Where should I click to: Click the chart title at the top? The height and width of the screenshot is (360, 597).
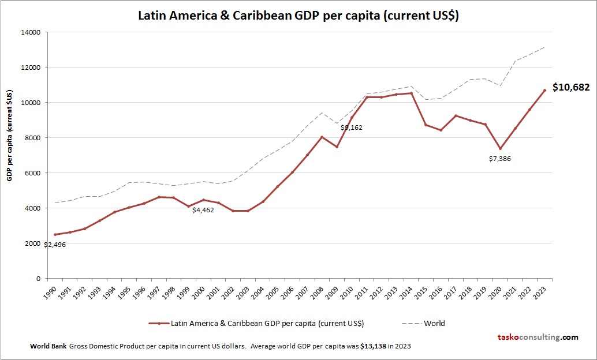pyautogui.click(x=298, y=16)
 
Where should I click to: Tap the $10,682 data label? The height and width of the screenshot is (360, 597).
pyautogui.click(x=571, y=88)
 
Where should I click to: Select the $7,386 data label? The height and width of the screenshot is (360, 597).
pyautogui.click(x=499, y=158)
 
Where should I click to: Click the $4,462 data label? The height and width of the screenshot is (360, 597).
pyautogui.click(x=203, y=210)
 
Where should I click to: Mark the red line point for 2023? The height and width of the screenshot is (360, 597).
pyautogui.click(x=544, y=90)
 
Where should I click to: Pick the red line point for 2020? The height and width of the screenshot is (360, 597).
pyautogui.click(x=500, y=148)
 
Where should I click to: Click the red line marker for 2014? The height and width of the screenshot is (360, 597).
pyautogui.click(x=411, y=93)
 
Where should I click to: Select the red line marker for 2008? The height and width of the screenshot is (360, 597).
pyautogui.click(x=322, y=137)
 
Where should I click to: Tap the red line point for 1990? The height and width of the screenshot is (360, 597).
pyautogui.click(x=55, y=234)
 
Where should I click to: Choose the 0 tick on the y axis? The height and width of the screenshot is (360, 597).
pyautogui.click(x=38, y=279)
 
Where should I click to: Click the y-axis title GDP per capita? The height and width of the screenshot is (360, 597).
pyautogui.click(x=10, y=136)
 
